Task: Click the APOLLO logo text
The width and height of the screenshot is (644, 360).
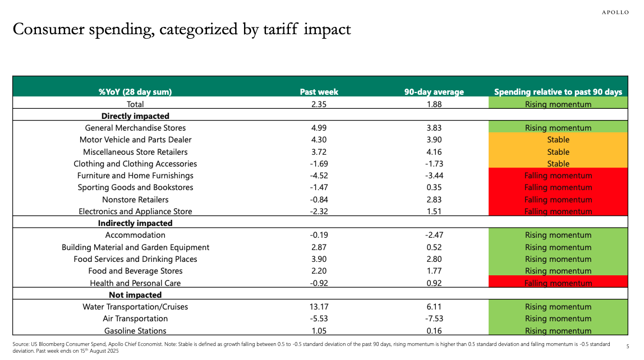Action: [615, 12]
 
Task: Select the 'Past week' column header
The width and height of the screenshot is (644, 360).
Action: [319, 92]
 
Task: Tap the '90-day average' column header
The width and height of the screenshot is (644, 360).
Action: [434, 92]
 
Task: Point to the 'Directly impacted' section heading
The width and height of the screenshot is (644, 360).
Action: [135, 116]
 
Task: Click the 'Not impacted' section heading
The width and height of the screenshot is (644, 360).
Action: [135, 295]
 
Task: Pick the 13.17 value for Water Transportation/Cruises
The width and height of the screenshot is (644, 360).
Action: [319, 307]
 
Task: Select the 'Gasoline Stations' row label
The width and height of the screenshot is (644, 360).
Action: [135, 331]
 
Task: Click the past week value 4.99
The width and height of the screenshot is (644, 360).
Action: [319, 128]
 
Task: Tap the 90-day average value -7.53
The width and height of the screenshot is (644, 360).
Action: [434, 319]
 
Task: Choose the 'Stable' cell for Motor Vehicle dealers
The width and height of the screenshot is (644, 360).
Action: [558, 140]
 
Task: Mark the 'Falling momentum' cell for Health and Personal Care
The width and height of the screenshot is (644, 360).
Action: [558, 283]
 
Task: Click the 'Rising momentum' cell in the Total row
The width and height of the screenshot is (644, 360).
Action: [558, 104]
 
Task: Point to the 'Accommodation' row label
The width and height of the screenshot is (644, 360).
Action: [135, 235]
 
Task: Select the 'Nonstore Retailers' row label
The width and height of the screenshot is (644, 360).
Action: [135, 200]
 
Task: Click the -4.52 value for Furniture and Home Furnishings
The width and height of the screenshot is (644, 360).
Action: [319, 176]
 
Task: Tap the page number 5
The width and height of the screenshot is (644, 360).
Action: [628, 347]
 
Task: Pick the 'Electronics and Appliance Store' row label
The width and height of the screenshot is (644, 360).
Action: [135, 211]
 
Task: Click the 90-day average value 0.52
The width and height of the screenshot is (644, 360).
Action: [434, 247]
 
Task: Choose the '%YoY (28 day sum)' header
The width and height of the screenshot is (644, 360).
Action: [135, 92]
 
